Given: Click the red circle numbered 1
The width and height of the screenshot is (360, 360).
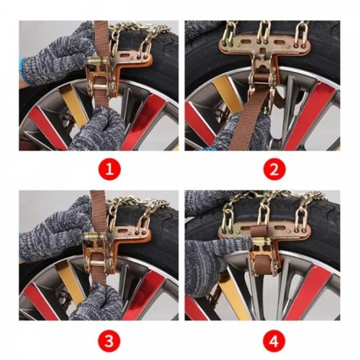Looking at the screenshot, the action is [110, 169].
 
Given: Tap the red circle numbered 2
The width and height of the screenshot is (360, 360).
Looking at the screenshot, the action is [274, 169].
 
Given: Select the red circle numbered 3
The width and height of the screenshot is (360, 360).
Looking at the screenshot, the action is [109, 341].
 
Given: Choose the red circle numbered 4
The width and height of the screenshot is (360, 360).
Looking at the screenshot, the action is [274, 341].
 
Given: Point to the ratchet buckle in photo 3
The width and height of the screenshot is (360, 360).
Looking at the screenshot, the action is [98, 250].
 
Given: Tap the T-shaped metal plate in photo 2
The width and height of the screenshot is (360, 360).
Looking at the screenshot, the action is [265, 50].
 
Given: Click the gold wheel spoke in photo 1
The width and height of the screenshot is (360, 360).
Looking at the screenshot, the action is [74, 106].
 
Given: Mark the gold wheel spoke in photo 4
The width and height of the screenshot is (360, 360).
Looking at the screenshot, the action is [233, 296].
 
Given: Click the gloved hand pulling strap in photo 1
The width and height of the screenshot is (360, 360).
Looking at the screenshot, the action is [98, 130].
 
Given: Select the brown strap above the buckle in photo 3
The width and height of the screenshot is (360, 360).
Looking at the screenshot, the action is [98, 211].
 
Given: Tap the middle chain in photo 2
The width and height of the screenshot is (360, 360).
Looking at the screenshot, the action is [264, 31].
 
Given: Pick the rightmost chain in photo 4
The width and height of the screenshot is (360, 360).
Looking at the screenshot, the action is [302, 214].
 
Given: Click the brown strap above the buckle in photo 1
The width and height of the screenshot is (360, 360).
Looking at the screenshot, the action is [102, 38].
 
